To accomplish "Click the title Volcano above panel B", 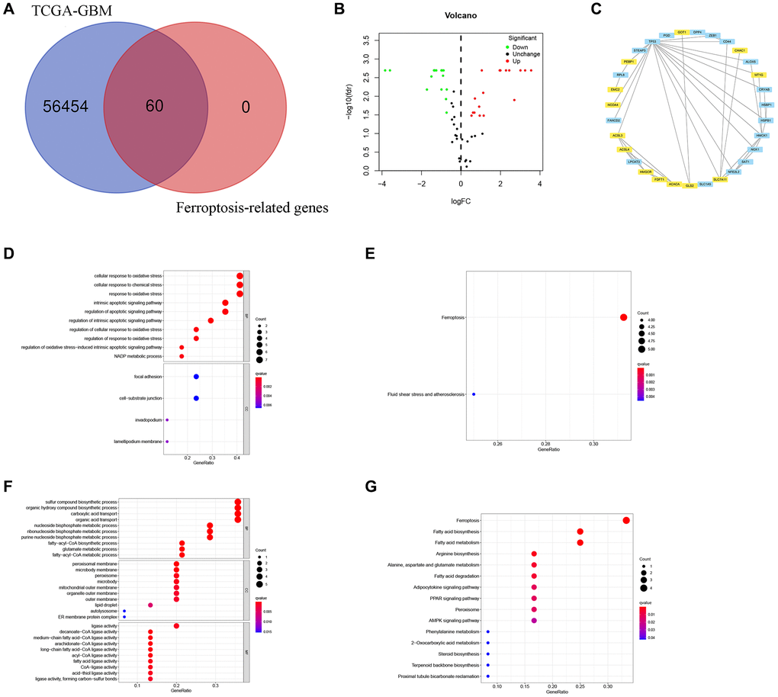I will (x=460, y=14).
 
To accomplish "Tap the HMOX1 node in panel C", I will (x=761, y=135).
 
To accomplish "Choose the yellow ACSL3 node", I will (x=617, y=136).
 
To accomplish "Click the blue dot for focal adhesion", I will (x=196, y=377).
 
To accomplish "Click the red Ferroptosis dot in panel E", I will (x=623, y=317).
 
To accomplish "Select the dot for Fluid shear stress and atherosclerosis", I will (x=474, y=394).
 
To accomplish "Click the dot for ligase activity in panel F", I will (x=176, y=626).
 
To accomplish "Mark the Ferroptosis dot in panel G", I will (x=626, y=520).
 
